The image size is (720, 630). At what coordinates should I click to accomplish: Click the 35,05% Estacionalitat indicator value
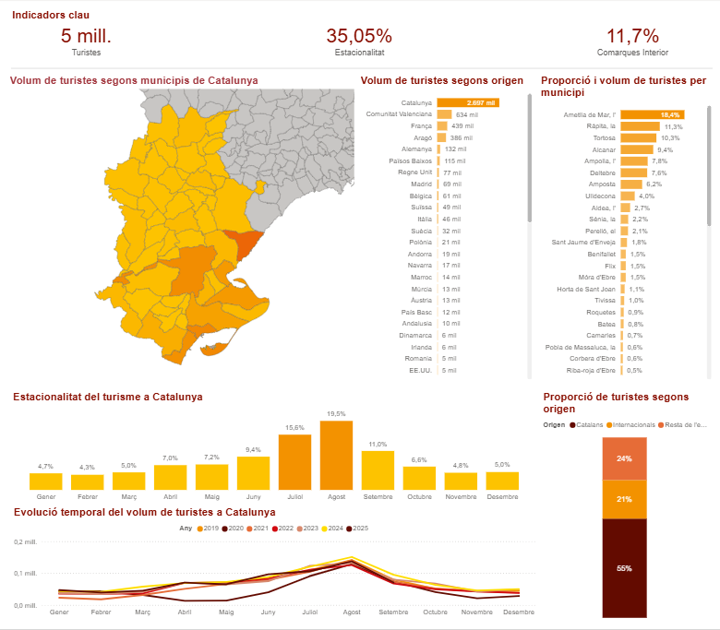click(x=358, y=36)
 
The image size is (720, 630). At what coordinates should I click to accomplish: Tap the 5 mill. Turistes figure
click(x=86, y=36)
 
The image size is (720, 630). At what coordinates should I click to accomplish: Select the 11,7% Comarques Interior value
click(x=632, y=36)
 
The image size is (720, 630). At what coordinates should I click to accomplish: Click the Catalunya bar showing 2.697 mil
click(x=468, y=102)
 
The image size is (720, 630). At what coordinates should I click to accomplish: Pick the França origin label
click(x=421, y=125)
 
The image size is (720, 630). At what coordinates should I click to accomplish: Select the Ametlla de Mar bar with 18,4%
click(x=652, y=114)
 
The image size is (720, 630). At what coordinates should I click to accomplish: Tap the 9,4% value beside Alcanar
click(x=665, y=149)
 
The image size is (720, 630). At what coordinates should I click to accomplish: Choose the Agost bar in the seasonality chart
click(x=336, y=455)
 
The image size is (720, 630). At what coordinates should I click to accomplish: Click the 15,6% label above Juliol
click(x=294, y=427)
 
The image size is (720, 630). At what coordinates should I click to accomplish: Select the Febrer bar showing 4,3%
click(x=87, y=481)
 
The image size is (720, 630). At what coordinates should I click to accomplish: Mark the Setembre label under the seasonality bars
click(x=378, y=496)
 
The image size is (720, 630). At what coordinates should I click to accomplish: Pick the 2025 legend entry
click(x=356, y=529)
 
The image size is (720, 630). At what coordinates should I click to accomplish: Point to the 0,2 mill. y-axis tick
click(x=25, y=541)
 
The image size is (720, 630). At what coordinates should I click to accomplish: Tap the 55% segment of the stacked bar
click(x=624, y=568)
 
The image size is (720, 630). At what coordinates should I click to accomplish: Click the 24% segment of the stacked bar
click(x=624, y=458)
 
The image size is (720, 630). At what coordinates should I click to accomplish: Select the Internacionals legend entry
click(x=632, y=425)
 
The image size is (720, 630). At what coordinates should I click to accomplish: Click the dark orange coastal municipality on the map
click(x=246, y=245)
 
